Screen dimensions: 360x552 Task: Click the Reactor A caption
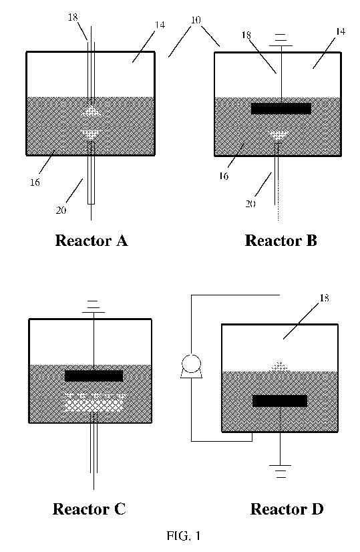tap(92, 241)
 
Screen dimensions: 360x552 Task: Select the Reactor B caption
tap(281, 241)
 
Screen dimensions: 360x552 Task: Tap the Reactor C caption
tap(89, 509)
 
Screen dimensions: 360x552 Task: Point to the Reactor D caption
tap(287, 509)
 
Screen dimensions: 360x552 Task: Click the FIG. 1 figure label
tap(184, 536)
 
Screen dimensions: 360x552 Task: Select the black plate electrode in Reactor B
tap(281, 108)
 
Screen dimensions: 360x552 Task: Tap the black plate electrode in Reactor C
tap(94, 376)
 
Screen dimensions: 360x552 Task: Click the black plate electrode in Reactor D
tap(280, 401)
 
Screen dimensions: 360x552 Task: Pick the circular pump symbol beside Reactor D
tap(191, 366)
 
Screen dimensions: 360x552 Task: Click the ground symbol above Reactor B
tap(281, 40)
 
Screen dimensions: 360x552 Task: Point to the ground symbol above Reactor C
tap(94, 307)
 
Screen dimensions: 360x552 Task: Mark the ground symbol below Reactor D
tap(280, 471)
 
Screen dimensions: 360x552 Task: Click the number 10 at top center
tap(196, 20)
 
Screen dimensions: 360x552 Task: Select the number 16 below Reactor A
tap(35, 182)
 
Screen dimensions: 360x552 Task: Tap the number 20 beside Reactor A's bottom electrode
tap(61, 211)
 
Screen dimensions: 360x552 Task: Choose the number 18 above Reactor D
tap(324, 298)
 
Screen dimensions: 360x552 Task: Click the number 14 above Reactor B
tap(340, 31)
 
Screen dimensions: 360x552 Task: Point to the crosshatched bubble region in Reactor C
tap(95, 403)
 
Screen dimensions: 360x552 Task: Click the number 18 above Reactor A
tap(73, 17)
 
